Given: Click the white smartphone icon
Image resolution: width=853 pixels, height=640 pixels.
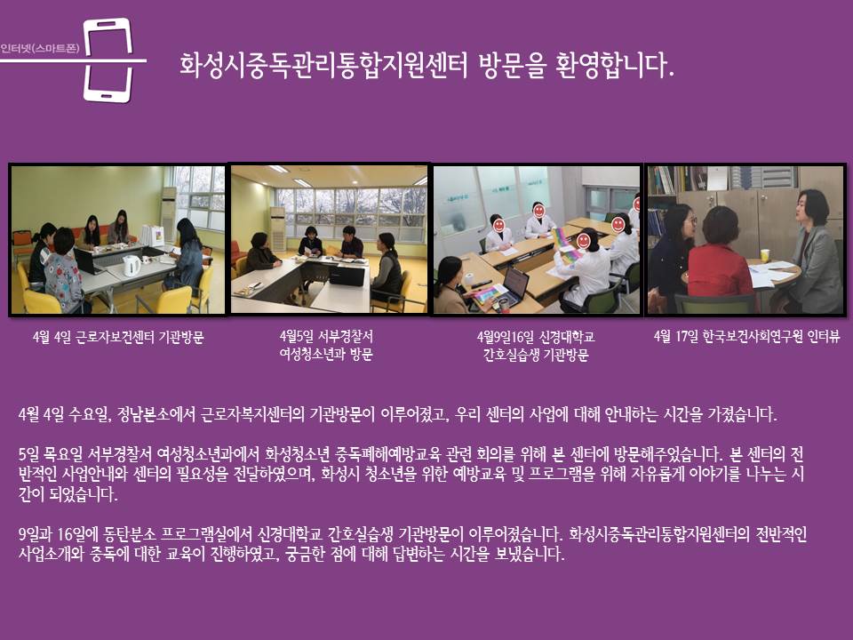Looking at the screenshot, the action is click(108, 60).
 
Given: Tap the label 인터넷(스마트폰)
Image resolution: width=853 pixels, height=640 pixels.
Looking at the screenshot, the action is click(40, 48).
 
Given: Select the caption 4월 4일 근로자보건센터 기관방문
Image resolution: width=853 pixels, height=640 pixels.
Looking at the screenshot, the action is click(118, 338).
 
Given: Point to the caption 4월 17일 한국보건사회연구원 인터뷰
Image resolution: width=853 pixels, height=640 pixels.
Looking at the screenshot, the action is click(746, 336).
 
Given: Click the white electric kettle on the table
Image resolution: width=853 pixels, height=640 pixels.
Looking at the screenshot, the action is click(132, 265).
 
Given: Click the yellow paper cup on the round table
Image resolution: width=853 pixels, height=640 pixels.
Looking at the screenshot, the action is click(765, 255).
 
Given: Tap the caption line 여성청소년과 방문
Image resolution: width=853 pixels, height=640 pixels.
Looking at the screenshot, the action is click(326, 355).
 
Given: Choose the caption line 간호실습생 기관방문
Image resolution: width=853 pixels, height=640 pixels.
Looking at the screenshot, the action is click(536, 356).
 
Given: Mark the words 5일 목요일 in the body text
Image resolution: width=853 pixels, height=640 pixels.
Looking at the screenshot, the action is click(51, 454).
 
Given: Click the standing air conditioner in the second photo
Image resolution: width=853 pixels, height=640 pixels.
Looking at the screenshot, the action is click(277, 228).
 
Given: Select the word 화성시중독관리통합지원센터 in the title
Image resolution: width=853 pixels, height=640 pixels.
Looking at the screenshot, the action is click(323, 65).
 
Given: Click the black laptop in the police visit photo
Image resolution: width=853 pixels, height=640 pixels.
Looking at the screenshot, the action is click(347, 275).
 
